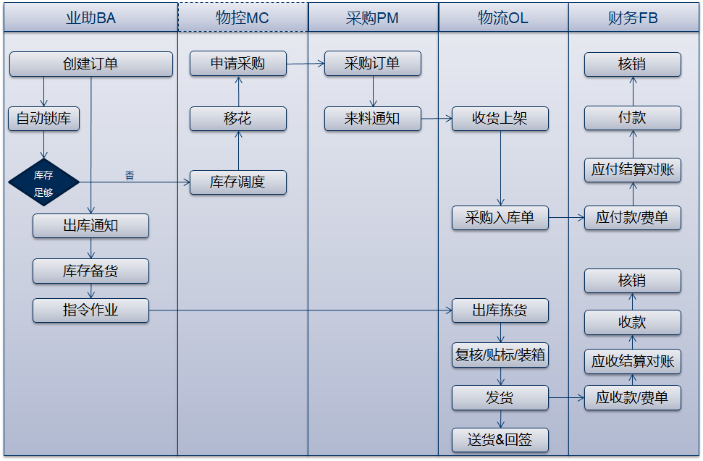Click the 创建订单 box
point(90,64)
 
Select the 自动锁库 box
point(43,119)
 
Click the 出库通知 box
point(90,226)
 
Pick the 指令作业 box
point(90,310)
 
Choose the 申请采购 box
point(238,64)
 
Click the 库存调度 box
point(238,182)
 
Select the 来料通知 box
point(372,119)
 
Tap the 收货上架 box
point(500,119)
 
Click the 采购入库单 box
point(500,218)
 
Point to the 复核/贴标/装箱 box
point(500,355)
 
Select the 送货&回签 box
point(500,439)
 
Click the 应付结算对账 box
point(633,170)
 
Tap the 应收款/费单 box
point(633,397)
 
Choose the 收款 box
point(633,322)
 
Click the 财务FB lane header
point(633,18)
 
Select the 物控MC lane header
point(243,18)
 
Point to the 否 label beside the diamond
point(130,175)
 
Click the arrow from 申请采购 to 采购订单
point(305,64)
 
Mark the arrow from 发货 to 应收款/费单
point(566,397)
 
